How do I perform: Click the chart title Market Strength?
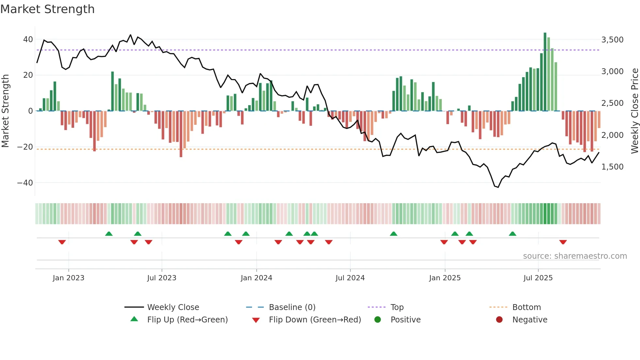tap(47, 9)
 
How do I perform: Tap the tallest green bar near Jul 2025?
tap(545, 72)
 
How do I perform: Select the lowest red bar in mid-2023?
tap(181, 134)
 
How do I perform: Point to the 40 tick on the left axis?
tap(28, 40)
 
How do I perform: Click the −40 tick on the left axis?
tap(25, 183)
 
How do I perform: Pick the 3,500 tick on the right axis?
tap(612, 40)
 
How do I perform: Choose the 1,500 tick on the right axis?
tap(612, 167)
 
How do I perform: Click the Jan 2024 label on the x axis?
tap(256, 278)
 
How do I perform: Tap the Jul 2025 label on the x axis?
tap(538, 278)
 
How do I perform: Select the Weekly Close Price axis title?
tap(634, 111)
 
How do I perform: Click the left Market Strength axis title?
tap(5, 111)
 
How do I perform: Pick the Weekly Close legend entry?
tap(173, 307)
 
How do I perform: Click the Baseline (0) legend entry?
tap(292, 307)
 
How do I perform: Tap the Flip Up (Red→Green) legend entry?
tap(187, 320)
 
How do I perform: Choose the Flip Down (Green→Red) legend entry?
tap(315, 320)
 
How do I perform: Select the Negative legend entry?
tap(530, 320)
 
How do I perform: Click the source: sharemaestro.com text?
tap(575, 256)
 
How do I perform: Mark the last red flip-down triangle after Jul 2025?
tap(563, 242)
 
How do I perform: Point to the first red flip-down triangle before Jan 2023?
tap(62, 242)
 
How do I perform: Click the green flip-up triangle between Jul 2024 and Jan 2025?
tap(393, 234)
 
